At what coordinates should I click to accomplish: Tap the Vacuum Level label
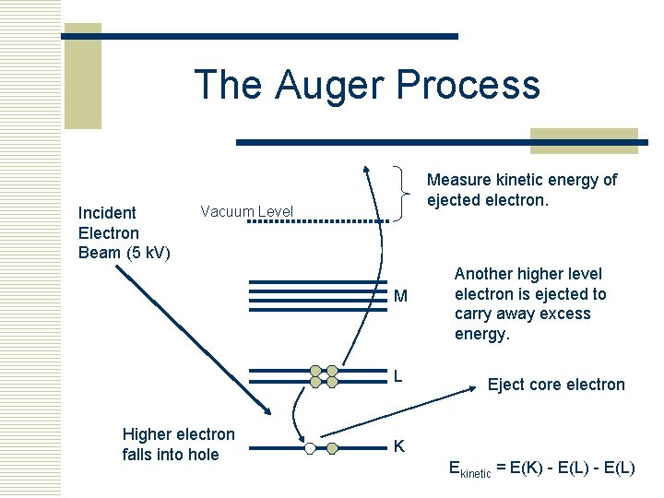coord(246,212)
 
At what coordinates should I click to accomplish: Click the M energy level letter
coord(400,296)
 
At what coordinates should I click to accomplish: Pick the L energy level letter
coord(397,376)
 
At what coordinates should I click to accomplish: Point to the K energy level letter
coord(399,446)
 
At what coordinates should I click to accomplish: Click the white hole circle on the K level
coord(311,448)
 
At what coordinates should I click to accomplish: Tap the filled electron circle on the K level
coord(333,448)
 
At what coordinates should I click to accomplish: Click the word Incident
coord(107,213)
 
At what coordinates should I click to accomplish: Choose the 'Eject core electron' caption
coord(556,385)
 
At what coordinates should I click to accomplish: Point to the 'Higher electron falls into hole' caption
coord(178,444)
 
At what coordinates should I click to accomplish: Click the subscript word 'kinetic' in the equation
coord(474,473)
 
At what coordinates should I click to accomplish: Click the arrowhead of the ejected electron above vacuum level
coord(365,170)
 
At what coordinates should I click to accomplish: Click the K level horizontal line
coord(277,448)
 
